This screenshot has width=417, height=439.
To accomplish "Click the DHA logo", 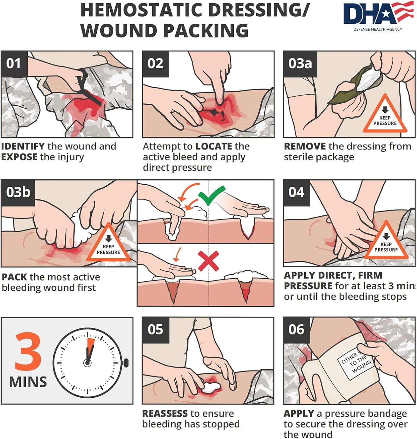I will coord(378,16).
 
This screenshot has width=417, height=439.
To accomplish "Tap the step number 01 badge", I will coord(14,64).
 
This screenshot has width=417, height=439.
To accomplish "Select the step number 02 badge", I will coord(155,64).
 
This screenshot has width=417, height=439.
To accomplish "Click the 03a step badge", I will coord(300,64).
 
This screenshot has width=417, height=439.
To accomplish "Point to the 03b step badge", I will coord(18,192).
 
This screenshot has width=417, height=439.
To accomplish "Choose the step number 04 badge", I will coord(296,192).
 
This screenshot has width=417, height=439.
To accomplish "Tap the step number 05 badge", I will coord(155,330).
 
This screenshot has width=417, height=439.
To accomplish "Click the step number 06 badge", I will coord(296,330).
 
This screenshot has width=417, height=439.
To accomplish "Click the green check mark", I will coord(211,195).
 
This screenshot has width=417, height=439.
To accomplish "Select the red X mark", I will coord(208,261).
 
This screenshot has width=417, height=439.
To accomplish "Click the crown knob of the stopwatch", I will coord(126,363).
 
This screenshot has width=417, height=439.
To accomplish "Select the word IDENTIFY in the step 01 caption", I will coord(23,146).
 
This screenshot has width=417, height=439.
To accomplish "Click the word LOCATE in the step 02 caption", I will coord(213,146).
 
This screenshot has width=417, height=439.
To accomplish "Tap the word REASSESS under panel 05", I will coord(165,413).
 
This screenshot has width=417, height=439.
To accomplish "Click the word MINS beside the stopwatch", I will coord(28,382).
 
